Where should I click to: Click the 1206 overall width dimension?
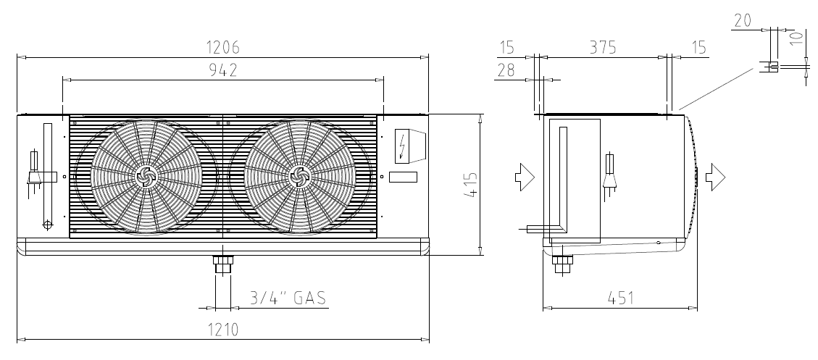click(223, 47)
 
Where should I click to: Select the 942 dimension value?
click(222, 70)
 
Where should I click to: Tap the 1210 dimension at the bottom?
click(223, 330)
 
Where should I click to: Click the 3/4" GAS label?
click(288, 298)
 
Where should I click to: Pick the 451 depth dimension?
click(621, 298)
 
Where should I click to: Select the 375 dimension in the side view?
click(603, 47)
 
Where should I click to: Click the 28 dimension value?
click(506, 70)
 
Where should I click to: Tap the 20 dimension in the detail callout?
click(743, 20)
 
